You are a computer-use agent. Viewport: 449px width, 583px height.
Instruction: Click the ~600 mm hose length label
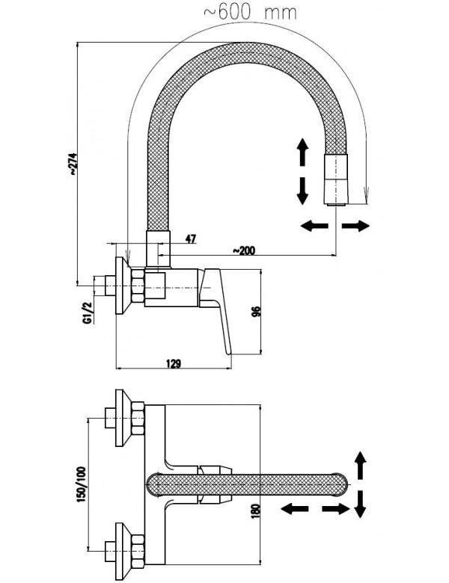point(250,13)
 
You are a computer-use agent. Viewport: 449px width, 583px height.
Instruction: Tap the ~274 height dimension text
point(73,163)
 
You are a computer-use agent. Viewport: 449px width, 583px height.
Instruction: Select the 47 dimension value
point(190,238)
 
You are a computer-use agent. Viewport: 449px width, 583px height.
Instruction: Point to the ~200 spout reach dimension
point(244,250)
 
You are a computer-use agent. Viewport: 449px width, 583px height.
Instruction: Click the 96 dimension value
point(257,311)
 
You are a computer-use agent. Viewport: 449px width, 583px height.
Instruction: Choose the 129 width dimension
point(174,363)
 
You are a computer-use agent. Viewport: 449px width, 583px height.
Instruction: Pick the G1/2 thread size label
point(88,312)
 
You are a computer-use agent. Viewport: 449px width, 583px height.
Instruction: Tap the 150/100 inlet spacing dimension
point(82,484)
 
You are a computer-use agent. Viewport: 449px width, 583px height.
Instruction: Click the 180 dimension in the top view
point(257,508)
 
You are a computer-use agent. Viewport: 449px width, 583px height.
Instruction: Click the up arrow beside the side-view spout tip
point(302,152)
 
